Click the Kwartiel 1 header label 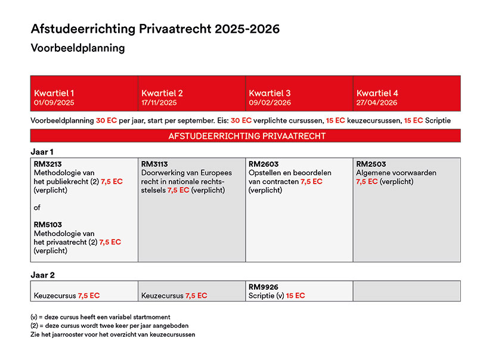pos(54,93)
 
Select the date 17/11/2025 pos(159,103)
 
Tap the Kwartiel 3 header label pos(270,93)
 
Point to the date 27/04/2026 pos(377,103)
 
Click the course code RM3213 pos(48,164)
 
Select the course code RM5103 pos(48,225)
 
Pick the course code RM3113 pos(154,164)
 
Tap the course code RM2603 pos(264,164)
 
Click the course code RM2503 pos(371,164)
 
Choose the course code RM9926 pos(264,287)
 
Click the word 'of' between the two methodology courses pos(37,207)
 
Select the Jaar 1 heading pos(42,152)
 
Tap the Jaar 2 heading pos(42,275)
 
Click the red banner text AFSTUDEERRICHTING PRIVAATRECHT pos(247,136)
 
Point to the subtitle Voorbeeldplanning pos(78,48)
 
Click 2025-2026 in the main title pos(247,29)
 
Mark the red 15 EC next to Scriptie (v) pos(295,296)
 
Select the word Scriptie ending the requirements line pos(438,120)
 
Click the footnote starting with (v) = pos(100,317)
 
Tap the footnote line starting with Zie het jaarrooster pos(113,335)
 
